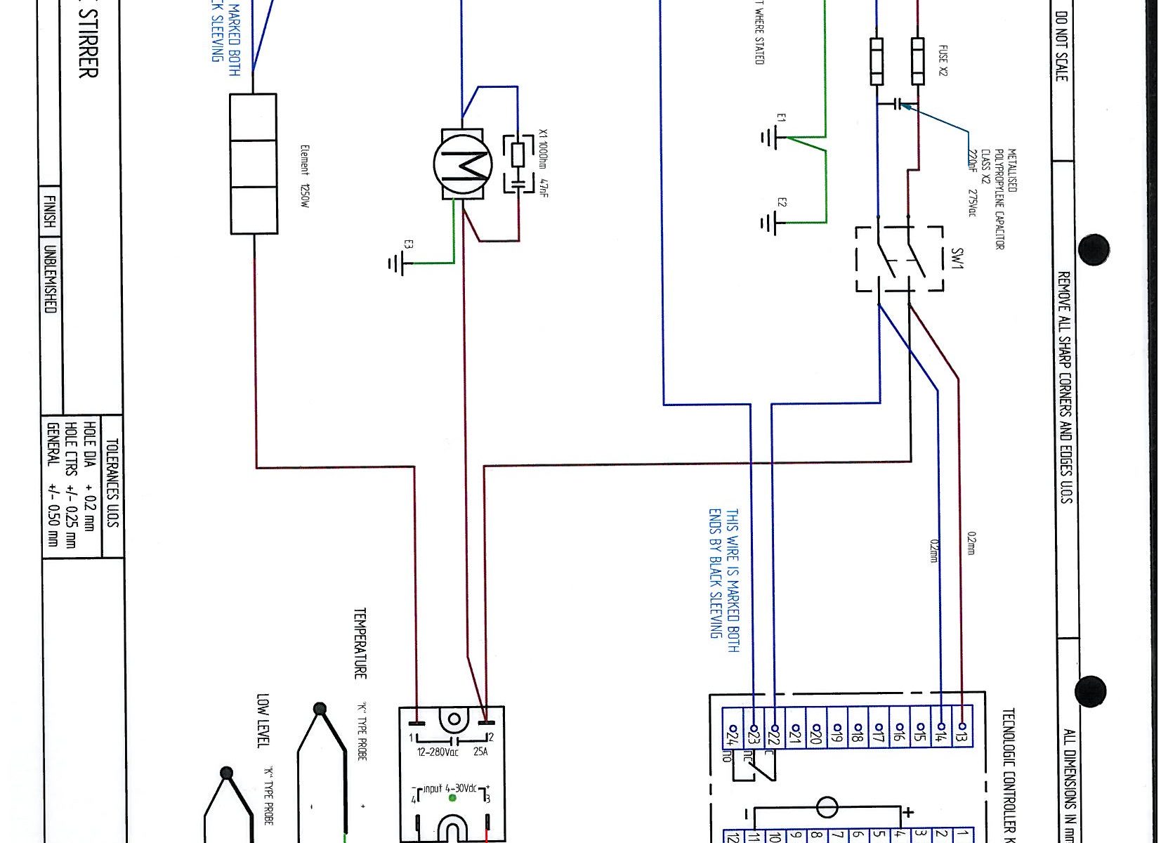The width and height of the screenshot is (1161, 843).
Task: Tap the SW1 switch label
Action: (x=957, y=258)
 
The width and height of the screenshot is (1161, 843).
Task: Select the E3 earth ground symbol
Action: (x=396, y=263)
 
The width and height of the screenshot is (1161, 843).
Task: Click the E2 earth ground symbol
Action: (x=770, y=223)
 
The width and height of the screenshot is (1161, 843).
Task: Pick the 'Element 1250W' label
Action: (x=304, y=176)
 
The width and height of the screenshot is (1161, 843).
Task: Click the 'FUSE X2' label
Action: (x=943, y=60)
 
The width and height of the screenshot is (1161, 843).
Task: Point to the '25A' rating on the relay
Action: (x=480, y=752)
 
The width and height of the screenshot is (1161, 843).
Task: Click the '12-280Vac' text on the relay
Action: (x=438, y=752)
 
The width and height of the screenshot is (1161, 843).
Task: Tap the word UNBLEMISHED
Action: (x=51, y=279)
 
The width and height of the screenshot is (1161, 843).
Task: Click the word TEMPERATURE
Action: (x=360, y=643)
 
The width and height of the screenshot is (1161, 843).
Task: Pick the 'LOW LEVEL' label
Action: (x=263, y=721)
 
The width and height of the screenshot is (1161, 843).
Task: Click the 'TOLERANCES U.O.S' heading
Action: (x=112, y=483)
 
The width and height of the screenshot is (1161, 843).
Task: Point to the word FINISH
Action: (x=51, y=210)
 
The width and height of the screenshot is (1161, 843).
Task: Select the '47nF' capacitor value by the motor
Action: (x=544, y=186)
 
